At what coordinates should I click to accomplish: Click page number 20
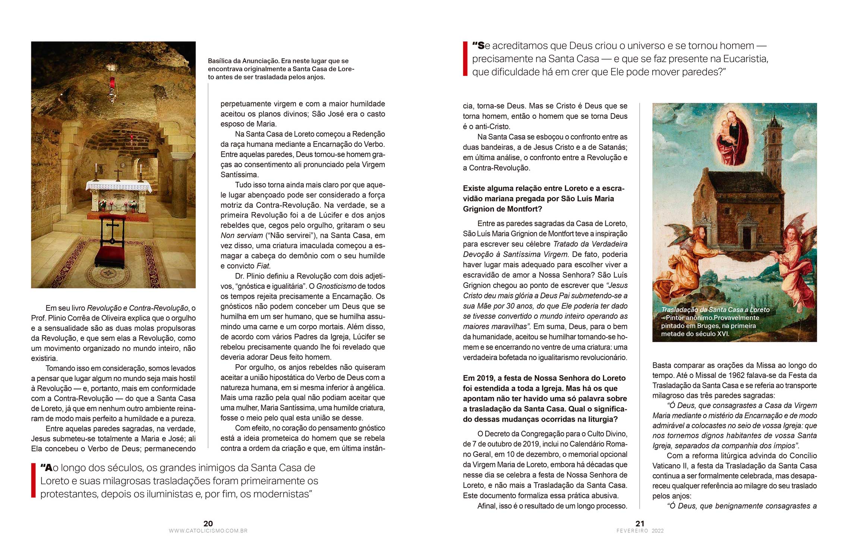208,523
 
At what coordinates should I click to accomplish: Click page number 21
640,523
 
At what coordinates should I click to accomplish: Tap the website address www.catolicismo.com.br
208,531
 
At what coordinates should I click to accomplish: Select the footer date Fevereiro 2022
640,531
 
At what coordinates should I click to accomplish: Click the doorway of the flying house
747,237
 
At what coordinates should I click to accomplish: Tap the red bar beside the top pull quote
465,59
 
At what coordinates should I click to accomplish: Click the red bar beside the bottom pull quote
33,481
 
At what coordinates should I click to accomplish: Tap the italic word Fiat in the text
263,266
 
